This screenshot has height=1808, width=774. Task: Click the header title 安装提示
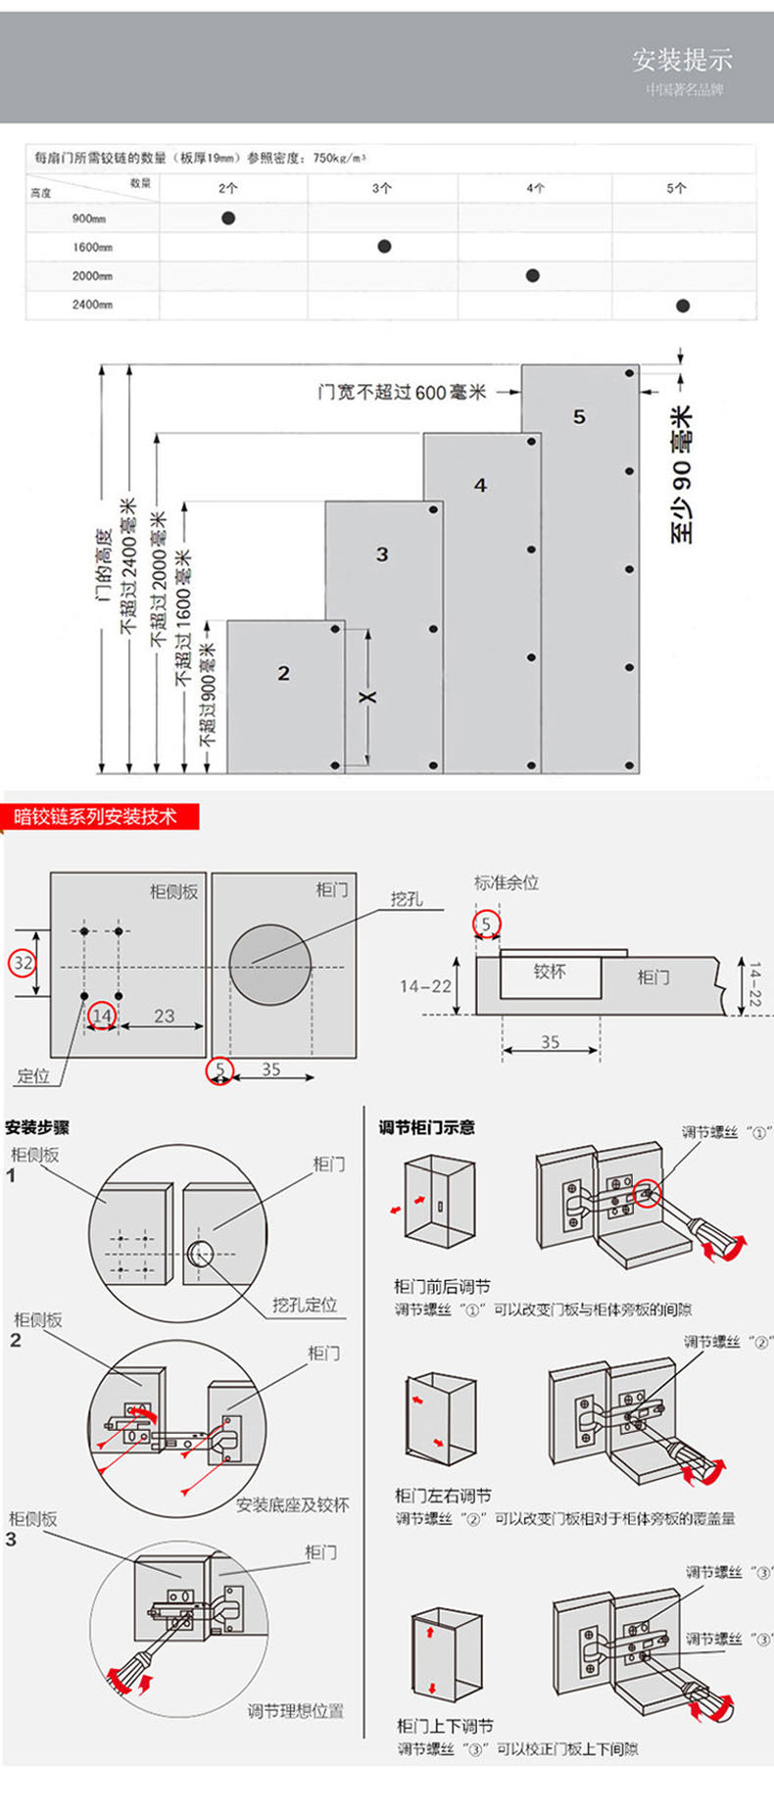pos(682,60)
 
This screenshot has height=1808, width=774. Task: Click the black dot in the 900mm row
pos(228,217)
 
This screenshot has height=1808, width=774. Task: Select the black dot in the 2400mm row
pos(683,306)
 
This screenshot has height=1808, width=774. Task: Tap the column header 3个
pos(382,188)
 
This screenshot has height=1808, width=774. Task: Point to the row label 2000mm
pos(92,276)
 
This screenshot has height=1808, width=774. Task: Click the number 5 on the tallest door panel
pos(579,417)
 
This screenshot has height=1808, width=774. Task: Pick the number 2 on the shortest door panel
pos(284,673)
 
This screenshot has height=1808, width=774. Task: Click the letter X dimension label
pos(368,696)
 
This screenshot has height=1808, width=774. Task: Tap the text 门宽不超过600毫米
pos(402,392)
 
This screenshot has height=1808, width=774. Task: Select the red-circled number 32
pos(23,963)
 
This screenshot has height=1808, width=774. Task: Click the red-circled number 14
pos(102,1016)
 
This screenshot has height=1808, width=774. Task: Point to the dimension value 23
pos(164,1016)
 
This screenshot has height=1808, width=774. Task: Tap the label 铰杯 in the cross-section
pos(550,971)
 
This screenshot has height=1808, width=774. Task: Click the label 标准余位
pos(507,882)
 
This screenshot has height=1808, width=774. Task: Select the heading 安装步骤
pos(37,1127)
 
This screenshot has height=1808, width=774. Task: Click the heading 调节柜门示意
pos(427,1127)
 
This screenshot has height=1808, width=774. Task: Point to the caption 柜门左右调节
pos(443,1495)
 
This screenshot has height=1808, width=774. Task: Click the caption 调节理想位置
pos(296,1711)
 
